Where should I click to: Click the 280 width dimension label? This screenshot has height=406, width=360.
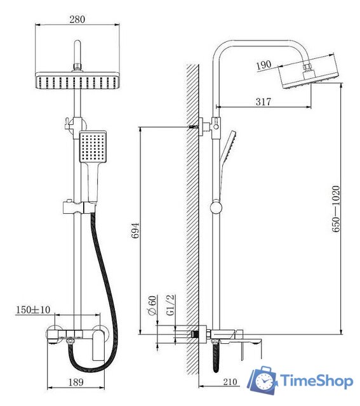[77, 19]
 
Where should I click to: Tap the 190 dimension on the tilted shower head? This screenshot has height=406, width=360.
[263, 65]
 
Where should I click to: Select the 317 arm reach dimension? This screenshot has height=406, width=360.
[263, 101]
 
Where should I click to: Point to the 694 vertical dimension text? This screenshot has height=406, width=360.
[135, 230]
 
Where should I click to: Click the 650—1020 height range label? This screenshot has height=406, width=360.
[336, 209]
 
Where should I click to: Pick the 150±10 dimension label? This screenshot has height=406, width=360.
[33, 310]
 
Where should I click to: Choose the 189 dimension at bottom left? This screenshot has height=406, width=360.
[76, 382]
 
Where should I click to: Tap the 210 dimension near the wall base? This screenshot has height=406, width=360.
[230, 382]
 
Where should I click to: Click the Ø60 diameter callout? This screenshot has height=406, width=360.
[152, 305]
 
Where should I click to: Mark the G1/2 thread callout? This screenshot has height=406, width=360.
[170, 304]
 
